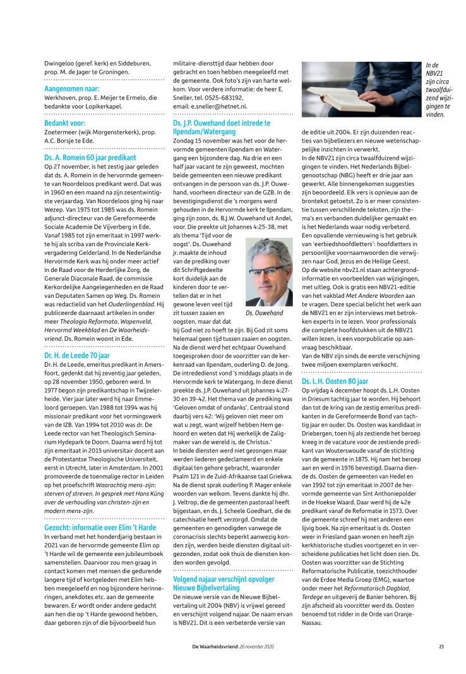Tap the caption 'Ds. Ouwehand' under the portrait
tap(265, 313)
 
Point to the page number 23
tap(441, 646)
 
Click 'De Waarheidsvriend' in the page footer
tap(215, 646)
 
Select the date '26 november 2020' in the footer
tap(257, 646)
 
